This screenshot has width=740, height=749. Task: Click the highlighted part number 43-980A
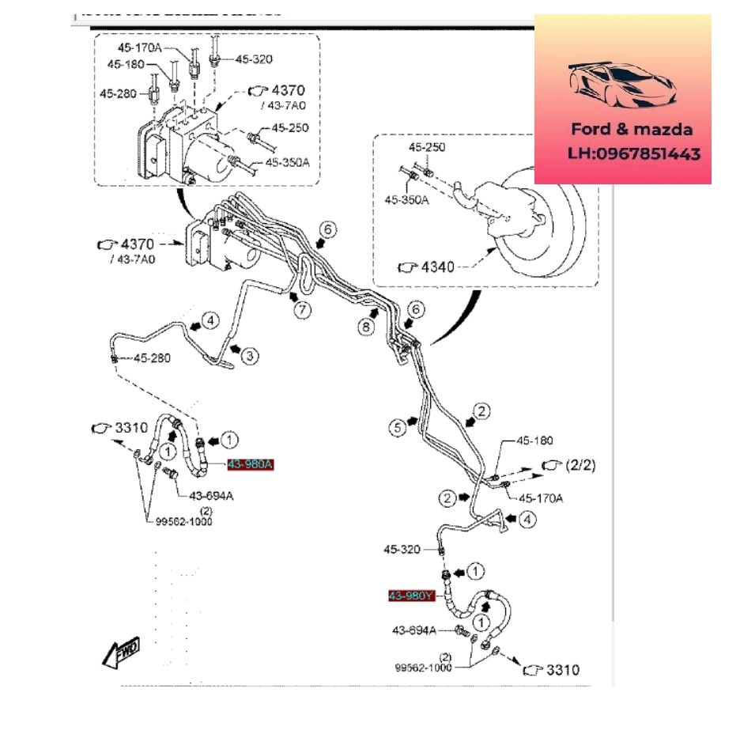tap(250, 464)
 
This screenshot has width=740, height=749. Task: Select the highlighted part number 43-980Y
tap(411, 596)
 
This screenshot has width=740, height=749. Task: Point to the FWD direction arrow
tap(121, 652)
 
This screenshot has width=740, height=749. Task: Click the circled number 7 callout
tap(303, 311)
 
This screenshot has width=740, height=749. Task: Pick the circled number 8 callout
tap(365, 326)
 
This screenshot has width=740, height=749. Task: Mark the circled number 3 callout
tap(250, 357)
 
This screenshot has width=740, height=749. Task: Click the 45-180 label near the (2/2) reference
tap(535, 441)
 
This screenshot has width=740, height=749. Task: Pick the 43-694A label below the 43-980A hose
tap(210, 496)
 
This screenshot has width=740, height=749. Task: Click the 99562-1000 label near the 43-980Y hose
tap(424, 667)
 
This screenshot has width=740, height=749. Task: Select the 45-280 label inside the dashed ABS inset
tap(118, 93)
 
